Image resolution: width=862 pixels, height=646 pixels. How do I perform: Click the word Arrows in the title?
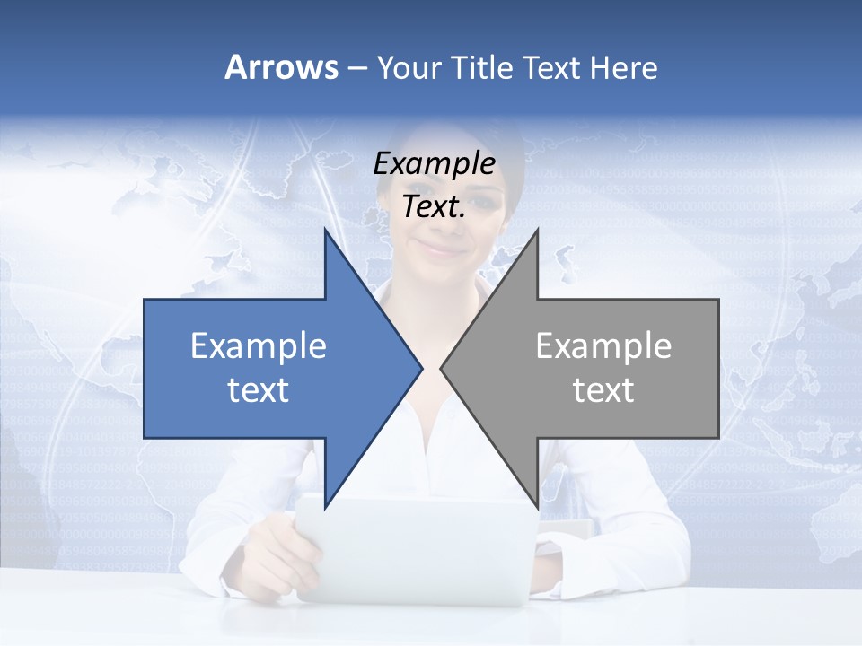(x=281, y=67)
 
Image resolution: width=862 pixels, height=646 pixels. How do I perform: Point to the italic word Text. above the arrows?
(x=434, y=207)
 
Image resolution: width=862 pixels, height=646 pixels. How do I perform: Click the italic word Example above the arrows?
(x=434, y=164)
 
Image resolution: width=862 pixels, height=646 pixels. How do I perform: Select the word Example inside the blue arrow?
(x=259, y=346)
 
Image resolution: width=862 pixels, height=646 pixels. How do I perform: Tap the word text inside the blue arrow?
(x=259, y=390)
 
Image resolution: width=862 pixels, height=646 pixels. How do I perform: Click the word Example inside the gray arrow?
(x=603, y=346)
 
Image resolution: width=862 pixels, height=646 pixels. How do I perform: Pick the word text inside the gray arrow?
(x=603, y=390)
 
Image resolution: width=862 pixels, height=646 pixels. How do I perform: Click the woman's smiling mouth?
(x=442, y=246)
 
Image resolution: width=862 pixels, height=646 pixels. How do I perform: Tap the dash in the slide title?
(x=356, y=68)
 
